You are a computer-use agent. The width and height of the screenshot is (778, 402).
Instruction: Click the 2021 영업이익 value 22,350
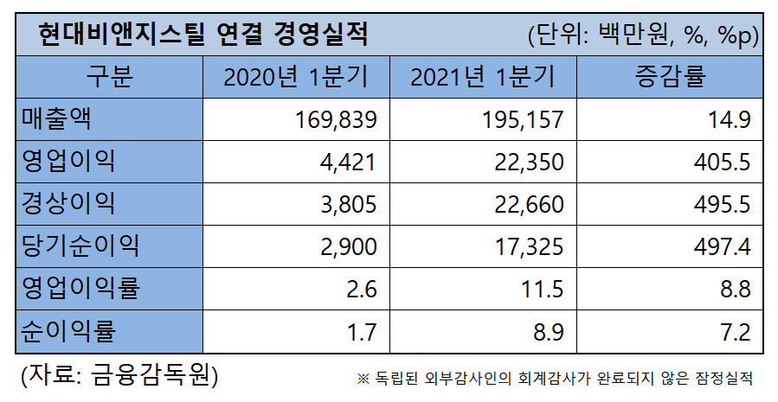[522, 162]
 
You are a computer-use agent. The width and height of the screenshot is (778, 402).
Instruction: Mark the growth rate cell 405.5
[721, 162]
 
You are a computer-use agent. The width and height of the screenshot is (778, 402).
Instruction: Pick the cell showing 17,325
[522, 246]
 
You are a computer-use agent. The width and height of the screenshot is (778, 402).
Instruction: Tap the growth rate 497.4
[721, 246]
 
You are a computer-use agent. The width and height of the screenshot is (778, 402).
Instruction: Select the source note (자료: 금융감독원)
[119, 376]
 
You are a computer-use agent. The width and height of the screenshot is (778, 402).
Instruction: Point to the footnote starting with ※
[555, 379]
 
